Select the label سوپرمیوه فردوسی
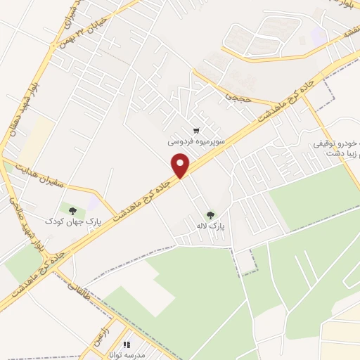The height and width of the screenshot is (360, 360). click(196, 141)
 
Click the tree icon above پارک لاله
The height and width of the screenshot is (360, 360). click(210, 215)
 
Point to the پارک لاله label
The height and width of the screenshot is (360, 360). click(210, 226)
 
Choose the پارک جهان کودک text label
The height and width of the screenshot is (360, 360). click(74, 220)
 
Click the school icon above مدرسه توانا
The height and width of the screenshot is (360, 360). click(127, 345)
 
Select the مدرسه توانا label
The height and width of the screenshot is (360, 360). click(127, 355)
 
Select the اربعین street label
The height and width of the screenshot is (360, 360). click(97, 326)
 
